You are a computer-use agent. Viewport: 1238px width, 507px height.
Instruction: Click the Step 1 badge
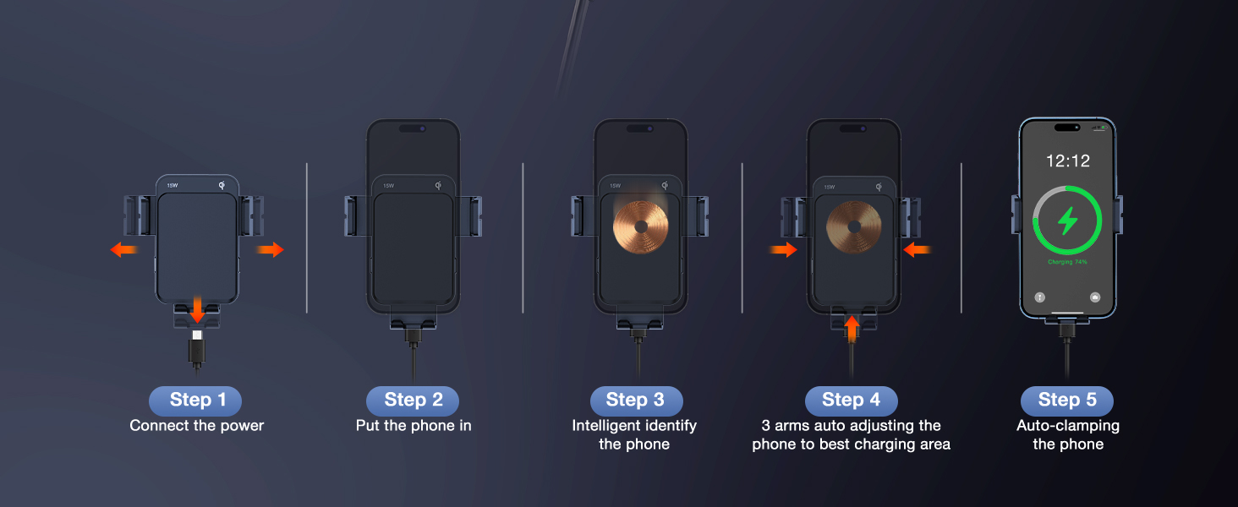195,401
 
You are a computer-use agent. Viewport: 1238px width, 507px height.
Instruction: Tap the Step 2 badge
413,401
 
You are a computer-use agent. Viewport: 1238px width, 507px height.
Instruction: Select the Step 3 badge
635,401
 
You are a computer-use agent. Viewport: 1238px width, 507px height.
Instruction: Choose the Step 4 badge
851,401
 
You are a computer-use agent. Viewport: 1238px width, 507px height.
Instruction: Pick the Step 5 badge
1066,401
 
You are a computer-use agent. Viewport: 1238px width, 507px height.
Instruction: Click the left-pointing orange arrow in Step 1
124,249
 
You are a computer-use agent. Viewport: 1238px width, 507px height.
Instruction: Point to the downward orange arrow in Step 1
197,309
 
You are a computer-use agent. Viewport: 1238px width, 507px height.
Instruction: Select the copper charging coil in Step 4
854,226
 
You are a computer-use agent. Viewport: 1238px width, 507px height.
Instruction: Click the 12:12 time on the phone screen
1067,161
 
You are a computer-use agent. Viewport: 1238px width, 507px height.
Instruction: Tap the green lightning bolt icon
1068,221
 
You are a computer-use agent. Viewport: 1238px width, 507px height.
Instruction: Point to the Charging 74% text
1067,263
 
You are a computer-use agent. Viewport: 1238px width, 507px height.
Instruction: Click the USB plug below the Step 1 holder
197,348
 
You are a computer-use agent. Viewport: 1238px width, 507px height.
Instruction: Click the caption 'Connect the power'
197,426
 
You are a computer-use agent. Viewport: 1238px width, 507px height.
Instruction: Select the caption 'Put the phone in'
414,426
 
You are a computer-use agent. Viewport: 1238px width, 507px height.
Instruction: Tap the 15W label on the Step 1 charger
173,186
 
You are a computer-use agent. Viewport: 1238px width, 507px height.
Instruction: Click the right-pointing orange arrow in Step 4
783,249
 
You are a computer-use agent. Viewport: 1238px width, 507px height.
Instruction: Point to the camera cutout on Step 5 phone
1067,128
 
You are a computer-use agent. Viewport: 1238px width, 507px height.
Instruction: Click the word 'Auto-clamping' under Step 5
1068,426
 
